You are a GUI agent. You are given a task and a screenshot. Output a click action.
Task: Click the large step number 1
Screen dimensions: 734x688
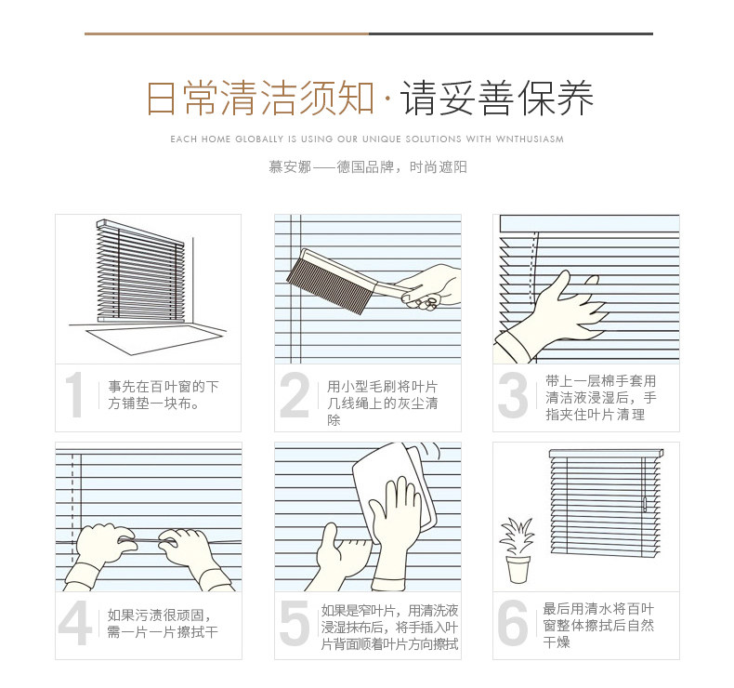(75, 395)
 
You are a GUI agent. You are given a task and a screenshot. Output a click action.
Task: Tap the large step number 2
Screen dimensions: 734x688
(295, 395)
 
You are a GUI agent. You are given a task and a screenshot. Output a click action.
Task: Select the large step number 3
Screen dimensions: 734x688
(513, 395)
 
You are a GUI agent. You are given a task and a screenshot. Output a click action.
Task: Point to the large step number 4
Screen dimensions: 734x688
(75, 622)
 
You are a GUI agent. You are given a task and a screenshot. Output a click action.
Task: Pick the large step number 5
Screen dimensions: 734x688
(295, 622)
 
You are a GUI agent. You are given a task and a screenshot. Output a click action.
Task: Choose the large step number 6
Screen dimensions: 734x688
(513, 622)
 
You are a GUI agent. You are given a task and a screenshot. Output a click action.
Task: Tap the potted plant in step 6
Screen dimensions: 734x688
(518, 550)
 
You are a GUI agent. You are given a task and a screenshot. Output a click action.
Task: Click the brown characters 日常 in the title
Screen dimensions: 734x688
(182, 99)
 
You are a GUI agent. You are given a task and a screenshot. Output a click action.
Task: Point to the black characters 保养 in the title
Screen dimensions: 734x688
(557, 99)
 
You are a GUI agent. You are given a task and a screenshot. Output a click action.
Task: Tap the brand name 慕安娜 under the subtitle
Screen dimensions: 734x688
(290, 167)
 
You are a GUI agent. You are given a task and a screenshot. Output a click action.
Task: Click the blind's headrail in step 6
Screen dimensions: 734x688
(606, 454)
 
